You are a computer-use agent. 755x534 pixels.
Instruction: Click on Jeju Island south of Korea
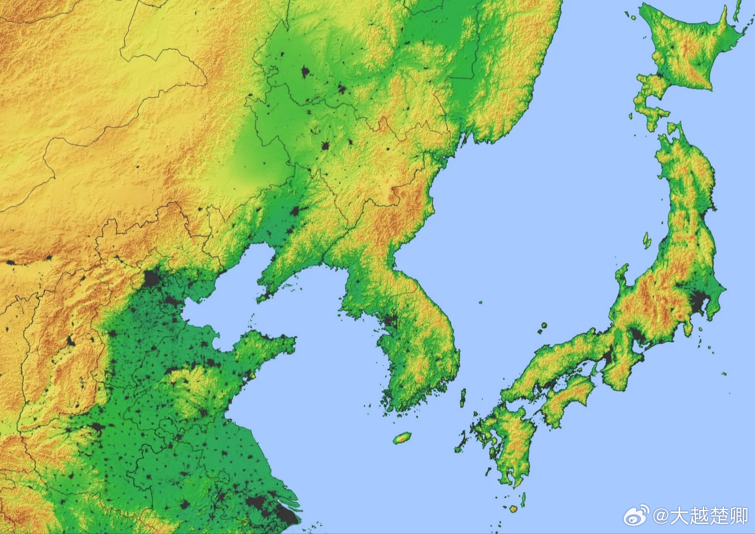coord(402,438)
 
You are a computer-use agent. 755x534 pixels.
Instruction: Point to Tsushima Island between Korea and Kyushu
coord(463,398)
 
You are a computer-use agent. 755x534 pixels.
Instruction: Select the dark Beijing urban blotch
coord(152,279)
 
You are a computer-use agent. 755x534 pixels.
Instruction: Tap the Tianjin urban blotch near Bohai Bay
coord(171,302)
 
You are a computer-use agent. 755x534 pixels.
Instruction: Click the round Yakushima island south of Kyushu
coord(514,509)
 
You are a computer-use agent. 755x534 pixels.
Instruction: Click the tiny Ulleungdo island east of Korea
coord(481,302)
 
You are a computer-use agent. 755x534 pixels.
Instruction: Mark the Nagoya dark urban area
coord(638,336)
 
